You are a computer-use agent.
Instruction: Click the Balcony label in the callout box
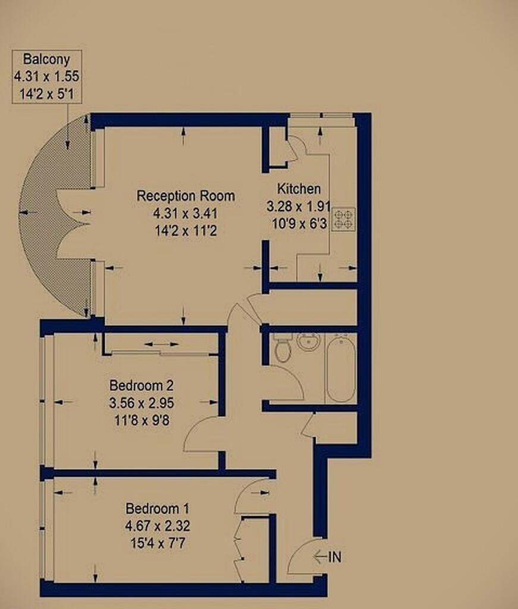click(46, 59)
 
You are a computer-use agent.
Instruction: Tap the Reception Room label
click(186, 195)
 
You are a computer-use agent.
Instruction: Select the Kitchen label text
click(299, 189)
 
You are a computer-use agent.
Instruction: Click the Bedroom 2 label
click(142, 385)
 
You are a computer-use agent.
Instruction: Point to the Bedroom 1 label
click(157, 508)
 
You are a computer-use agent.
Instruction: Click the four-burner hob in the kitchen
click(344, 219)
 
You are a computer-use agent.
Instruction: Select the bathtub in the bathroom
click(341, 369)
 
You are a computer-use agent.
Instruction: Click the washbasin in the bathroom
click(309, 342)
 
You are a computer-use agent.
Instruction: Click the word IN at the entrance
click(335, 557)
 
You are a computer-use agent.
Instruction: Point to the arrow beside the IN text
click(319, 557)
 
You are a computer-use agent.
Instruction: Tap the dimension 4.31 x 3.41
click(185, 214)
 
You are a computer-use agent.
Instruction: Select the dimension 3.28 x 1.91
click(298, 206)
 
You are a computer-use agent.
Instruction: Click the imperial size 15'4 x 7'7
click(158, 543)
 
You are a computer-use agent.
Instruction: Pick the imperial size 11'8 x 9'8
click(142, 420)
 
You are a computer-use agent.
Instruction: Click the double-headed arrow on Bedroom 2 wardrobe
click(162, 344)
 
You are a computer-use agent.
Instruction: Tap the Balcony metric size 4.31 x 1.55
click(46, 76)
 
